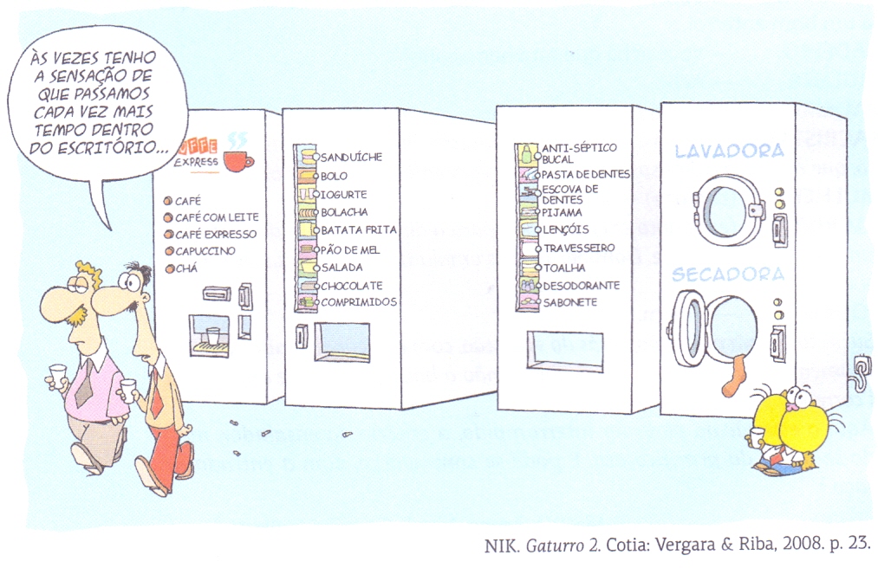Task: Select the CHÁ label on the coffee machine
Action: (x=187, y=269)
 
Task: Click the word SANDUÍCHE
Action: (x=351, y=158)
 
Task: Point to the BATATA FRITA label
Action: (x=359, y=230)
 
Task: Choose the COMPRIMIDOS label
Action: (x=359, y=302)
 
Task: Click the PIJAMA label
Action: (x=562, y=212)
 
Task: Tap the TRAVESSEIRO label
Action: (x=579, y=248)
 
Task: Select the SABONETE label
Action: (x=569, y=303)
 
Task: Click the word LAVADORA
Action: (x=729, y=152)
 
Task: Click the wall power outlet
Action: (x=862, y=365)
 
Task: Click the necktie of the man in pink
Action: (x=85, y=382)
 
